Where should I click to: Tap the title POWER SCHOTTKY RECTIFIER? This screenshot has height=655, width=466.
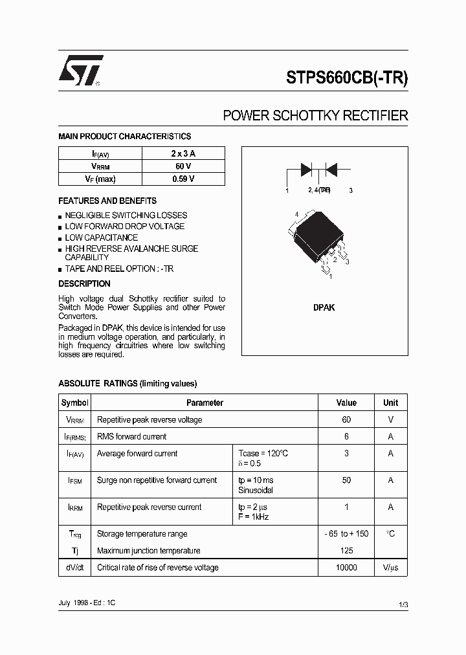315,116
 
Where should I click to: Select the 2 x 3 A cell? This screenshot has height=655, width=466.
183,153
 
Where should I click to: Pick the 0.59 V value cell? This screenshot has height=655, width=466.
183,179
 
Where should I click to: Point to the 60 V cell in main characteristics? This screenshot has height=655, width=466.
183,166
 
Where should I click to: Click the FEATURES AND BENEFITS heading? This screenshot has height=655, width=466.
107,201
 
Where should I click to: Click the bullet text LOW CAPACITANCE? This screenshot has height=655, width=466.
101,238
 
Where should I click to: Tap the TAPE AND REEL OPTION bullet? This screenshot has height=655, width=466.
119,269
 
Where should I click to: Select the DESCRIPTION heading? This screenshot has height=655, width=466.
84,283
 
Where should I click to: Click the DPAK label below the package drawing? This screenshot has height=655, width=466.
324,308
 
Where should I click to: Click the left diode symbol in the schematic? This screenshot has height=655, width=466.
307,170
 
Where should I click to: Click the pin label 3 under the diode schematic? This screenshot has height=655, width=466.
350,190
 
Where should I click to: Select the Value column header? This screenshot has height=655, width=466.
346,403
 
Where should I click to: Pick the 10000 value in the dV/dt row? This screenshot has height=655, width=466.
346,568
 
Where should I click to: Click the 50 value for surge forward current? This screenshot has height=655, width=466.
346,480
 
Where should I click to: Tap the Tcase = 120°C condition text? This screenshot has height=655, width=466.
263,454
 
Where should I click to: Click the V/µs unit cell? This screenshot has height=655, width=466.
390,568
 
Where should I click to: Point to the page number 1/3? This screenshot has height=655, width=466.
403,604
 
